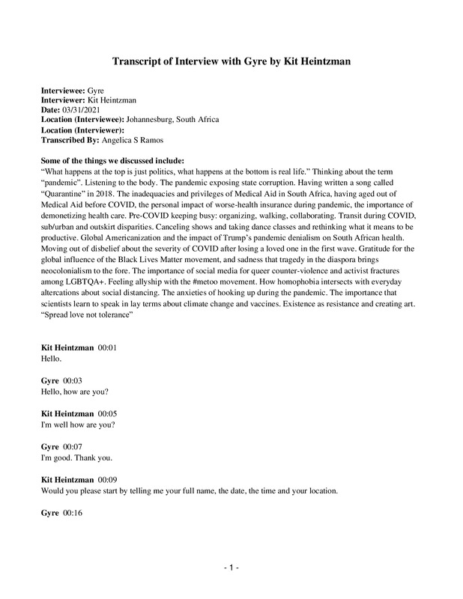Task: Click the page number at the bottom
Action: point(231,570)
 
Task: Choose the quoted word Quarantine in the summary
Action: point(64,192)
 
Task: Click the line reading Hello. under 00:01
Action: point(51,359)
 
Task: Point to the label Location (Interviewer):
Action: point(82,130)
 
